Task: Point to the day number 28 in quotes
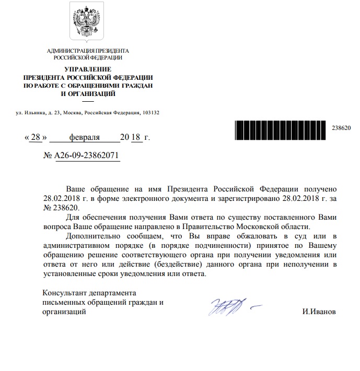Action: click(x=36, y=137)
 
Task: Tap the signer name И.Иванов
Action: click(x=319, y=312)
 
